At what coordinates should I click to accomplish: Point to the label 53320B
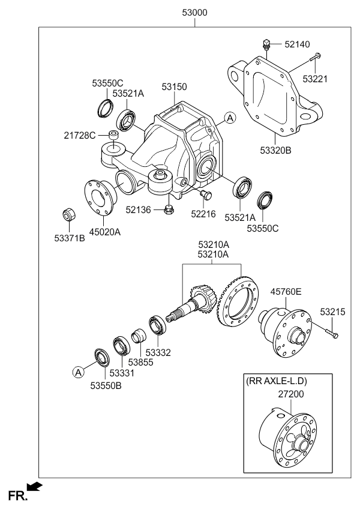click(276, 151)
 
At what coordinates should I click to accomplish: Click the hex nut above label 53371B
click(68, 214)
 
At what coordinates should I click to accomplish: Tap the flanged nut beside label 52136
click(169, 209)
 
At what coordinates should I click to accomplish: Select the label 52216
click(204, 214)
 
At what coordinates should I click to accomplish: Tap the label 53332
click(158, 353)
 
